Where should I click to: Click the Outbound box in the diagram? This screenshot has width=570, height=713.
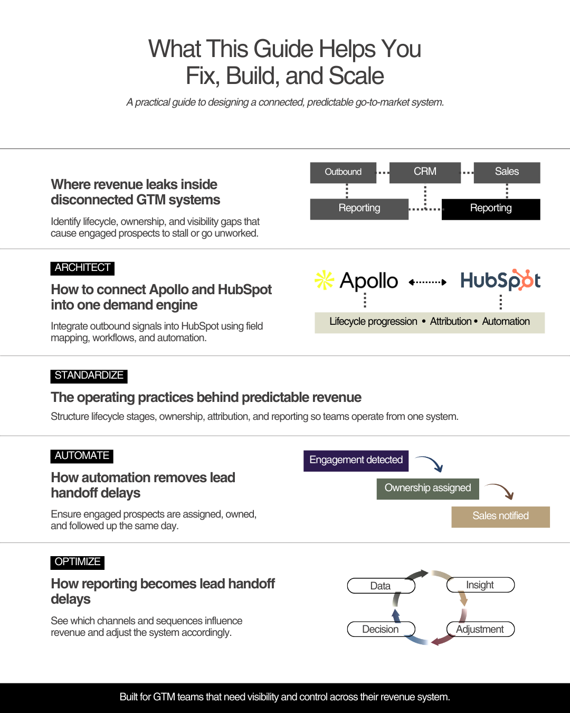[x=343, y=172]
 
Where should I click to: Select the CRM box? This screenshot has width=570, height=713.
[x=425, y=172]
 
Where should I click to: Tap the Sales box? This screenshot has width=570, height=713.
[x=507, y=172]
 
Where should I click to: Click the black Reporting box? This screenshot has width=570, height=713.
[x=491, y=209]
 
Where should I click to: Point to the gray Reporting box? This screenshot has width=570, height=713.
[x=359, y=209]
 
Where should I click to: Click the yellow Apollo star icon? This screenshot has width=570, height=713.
[x=324, y=280]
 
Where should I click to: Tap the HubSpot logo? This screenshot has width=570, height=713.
[x=500, y=280]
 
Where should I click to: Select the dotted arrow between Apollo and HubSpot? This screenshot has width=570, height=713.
[x=427, y=282]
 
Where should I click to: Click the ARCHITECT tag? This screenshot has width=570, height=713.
[x=82, y=268]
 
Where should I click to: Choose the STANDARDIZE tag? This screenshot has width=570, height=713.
[x=89, y=376]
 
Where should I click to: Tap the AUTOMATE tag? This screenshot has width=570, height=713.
[x=82, y=456]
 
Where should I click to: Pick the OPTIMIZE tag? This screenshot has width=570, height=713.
[x=78, y=562]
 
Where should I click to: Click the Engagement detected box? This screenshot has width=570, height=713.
[x=356, y=461]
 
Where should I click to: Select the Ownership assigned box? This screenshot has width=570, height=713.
[x=427, y=489]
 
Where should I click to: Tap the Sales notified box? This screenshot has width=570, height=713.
[x=500, y=517]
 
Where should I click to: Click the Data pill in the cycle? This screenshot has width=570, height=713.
[x=381, y=586]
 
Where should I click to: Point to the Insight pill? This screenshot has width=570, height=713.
[x=480, y=585]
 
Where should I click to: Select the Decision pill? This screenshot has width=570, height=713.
[x=381, y=629]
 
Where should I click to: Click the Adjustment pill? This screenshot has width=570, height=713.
[x=480, y=629]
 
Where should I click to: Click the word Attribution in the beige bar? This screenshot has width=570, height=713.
[x=451, y=322]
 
